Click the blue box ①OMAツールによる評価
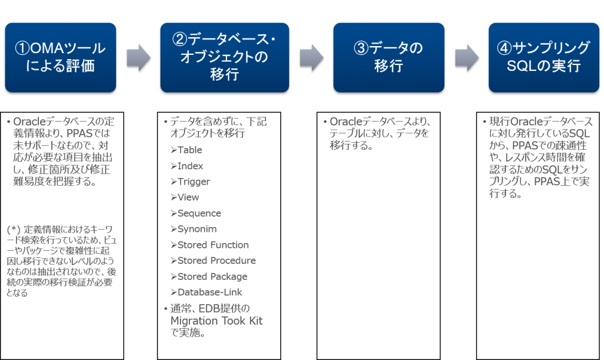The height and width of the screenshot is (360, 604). point(60,57)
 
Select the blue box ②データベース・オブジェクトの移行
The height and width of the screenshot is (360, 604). point(224,57)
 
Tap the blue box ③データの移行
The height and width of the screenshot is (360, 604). point(388,57)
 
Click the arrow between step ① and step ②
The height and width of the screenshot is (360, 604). point(139,57)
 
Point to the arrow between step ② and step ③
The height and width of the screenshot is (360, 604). point(311,57)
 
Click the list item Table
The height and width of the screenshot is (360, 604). point(189,150)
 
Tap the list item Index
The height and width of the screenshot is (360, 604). point(190,166)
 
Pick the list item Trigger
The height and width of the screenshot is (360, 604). point(193,182)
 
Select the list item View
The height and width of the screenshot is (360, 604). point(188,198)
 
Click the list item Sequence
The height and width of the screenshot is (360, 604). point(199,214)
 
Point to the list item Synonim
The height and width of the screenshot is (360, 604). point(197,229)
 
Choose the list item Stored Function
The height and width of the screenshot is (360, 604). point(212,245)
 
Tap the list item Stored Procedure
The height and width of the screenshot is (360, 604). point(216,261)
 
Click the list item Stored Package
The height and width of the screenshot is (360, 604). point(212,277)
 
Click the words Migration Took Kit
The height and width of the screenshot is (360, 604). point(216,321)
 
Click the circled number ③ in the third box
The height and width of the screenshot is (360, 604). point(360,49)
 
